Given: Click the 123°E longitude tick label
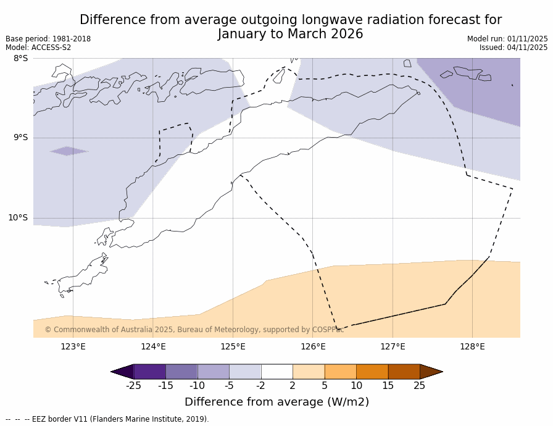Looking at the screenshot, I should pyautogui.click(x=73, y=346).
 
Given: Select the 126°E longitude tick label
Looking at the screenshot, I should pyautogui.click(x=313, y=346).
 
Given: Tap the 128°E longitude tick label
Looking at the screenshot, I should pyautogui.click(x=472, y=346).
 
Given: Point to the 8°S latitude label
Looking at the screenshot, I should pyautogui.click(x=20, y=58).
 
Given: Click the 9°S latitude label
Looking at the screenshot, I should pyautogui.click(x=20, y=138).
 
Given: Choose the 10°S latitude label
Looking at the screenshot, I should pyautogui.click(x=18, y=217).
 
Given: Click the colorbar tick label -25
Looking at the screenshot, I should pyautogui.click(x=133, y=386).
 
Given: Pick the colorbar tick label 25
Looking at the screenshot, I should pyautogui.click(x=420, y=386).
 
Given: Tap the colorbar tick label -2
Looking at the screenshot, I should pyautogui.click(x=260, y=386).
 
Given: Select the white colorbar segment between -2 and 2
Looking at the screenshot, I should pyautogui.click(x=276, y=372).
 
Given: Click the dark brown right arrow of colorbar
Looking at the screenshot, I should pyautogui.click(x=431, y=372).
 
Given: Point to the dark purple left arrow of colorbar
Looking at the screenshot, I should pyautogui.click(x=122, y=372).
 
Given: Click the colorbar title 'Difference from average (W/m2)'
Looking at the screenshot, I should pyautogui.click(x=276, y=402).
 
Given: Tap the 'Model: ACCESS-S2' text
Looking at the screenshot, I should pyautogui.click(x=38, y=48).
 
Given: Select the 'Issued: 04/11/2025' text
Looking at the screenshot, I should pyautogui.click(x=513, y=48).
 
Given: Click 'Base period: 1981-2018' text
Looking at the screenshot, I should pyautogui.click(x=48, y=39).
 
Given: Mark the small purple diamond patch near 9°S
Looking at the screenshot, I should pyautogui.click(x=69, y=151).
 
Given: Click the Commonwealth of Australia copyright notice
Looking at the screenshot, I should pyautogui.click(x=194, y=330).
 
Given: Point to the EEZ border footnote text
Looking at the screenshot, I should pyautogui.click(x=107, y=419).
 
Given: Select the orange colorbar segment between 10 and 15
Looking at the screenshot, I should pyautogui.click(x=372, y=372).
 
